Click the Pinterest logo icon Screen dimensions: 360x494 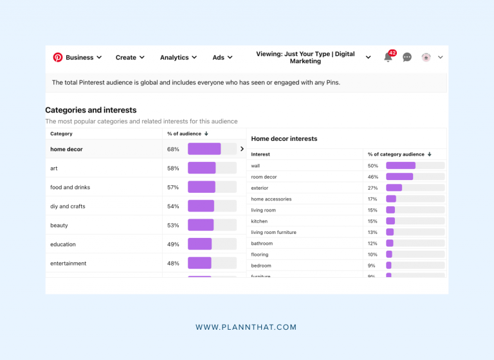coord(58,57)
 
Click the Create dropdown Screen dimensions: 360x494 coord(130,57)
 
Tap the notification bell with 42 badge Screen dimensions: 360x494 coord(389,57)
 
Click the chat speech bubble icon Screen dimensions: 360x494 coord(407,57)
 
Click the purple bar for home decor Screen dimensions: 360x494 coord(204,149)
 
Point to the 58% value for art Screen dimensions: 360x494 coord(173,168)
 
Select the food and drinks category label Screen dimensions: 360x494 coord(70,187)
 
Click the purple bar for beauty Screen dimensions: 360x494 coord(201,225)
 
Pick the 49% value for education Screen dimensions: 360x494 coord(173,244)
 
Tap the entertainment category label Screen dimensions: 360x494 coord(68,264)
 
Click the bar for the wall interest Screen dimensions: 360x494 coord(401,166)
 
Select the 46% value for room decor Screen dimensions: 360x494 coord(372,177)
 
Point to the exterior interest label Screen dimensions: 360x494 coord(260,188)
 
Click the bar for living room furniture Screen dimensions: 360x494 coord(390,232)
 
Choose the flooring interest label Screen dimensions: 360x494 coord(260,255)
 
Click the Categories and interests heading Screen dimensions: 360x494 coord(91,110)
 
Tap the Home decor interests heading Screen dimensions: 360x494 coord(284,138)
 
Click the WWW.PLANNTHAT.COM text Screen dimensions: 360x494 coord(246,327)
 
